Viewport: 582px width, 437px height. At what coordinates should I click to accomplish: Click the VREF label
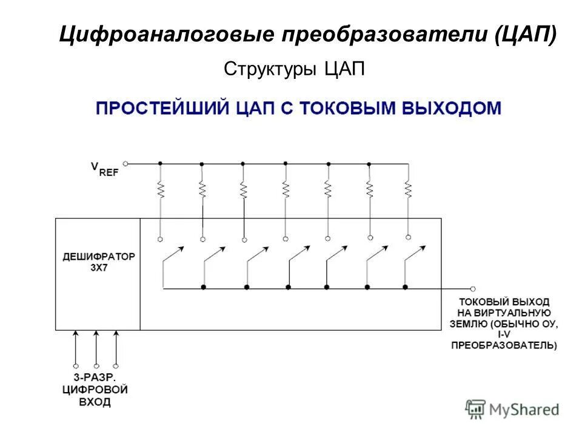coord(105,169)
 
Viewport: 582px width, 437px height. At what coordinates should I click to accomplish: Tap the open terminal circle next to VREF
coord(125,163)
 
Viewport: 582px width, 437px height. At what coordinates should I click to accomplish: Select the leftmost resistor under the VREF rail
coord(160,190)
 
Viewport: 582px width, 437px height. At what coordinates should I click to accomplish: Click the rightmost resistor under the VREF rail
coord(408,190)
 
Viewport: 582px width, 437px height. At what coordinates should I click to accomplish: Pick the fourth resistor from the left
coord(286,190)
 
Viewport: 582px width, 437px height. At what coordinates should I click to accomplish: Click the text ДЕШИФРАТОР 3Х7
coord(99,261)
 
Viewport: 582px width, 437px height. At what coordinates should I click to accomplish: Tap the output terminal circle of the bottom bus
coord(473,289)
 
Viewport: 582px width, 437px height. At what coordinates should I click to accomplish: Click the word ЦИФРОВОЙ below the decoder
coord(95,390)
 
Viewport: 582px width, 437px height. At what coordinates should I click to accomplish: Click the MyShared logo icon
coord(476,408)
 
